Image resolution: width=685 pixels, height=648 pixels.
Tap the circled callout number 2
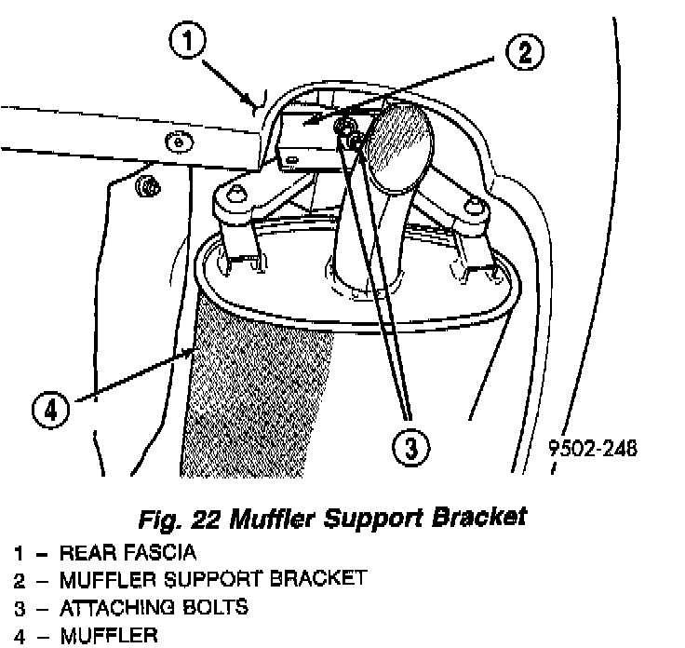point(524,52)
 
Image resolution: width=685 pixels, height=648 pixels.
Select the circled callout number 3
point(410,448)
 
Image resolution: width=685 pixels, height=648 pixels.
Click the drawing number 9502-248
point(592,448)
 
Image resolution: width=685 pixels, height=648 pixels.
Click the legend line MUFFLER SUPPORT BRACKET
point(212,580)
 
